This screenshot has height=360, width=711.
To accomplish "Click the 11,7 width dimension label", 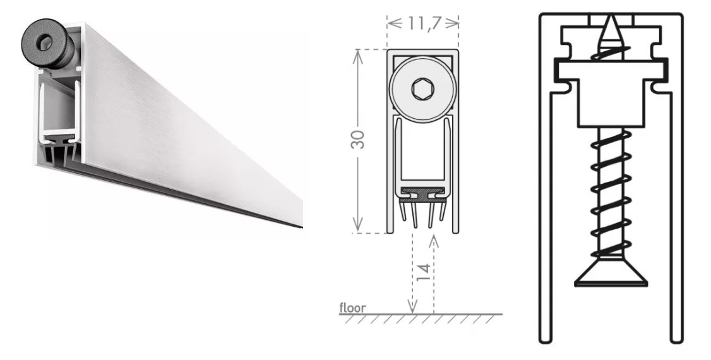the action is [424, 23].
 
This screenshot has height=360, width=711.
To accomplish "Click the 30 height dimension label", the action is [358, 139].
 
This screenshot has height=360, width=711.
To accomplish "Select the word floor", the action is [353, 308].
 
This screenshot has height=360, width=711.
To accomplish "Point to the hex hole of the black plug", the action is [44, 44].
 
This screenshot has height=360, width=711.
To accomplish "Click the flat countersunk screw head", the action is [611, 276].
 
